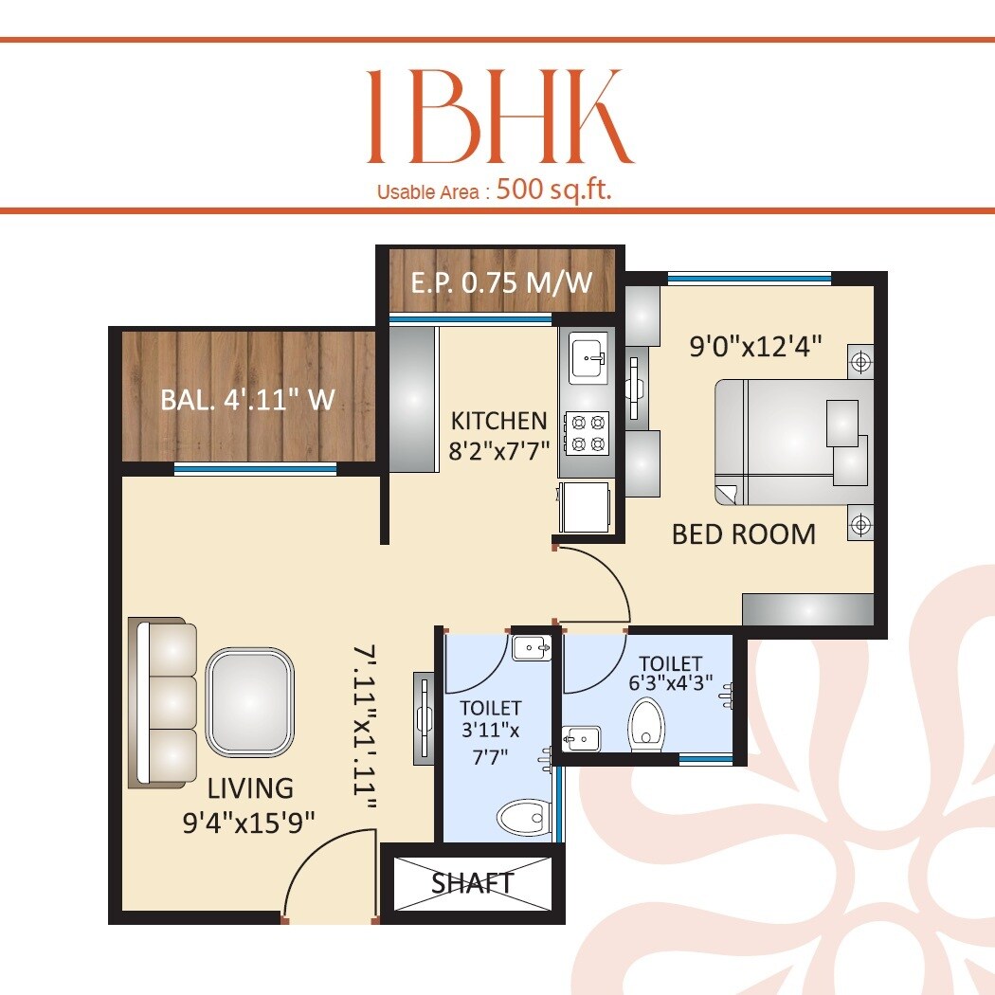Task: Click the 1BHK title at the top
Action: pyautogui.click(x=499, y=117)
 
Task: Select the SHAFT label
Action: pyautogui.click(x=473, y=883)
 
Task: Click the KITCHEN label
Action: pyautogui.click(x=498, y=421)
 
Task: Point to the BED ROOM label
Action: pyautogui.click(x=743, y=534)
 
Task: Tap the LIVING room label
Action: pyautogui.click(x=250, y=788)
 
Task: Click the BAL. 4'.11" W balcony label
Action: pyautogui.click(x=247, y=399)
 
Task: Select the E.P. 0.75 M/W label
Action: pyautogui.click(x=501, y=281)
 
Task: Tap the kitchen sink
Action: pyautogui.click(x=588, y=358)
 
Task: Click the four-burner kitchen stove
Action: pyautogui.click(x=587, y=432)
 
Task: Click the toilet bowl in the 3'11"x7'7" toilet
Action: pyautogui.click(x=522, y=816)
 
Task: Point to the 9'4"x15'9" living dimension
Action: pyautogui.click(x=249, y=819)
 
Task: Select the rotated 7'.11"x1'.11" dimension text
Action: pyautogui.click(x=365, y=727)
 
